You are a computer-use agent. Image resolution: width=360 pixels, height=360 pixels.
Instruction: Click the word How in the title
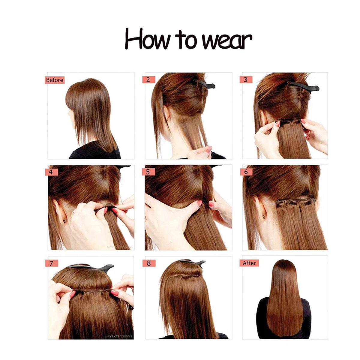tap(147, 39)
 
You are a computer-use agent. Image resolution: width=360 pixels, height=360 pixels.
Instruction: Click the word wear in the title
tap(227, 41)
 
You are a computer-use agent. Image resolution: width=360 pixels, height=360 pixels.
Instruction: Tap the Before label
tap(55, 80)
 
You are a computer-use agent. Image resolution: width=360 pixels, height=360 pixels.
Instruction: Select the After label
tap(249, 263)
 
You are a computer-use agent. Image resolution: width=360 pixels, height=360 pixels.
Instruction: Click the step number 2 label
tap(149, 80)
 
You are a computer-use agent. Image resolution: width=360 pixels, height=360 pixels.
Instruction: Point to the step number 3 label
tap(246, 80)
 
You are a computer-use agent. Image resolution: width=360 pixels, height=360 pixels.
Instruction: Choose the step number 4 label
tap(51, 172)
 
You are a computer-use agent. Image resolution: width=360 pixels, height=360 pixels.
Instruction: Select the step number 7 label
tap(52, 263)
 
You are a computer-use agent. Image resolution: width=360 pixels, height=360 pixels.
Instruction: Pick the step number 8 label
tap(149, 263)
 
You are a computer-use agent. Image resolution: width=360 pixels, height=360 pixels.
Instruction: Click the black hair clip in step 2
tap(205, 84)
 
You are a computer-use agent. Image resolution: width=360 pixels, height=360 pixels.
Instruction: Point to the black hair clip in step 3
tap(304, 85)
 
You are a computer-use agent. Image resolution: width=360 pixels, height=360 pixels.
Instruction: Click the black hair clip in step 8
tap(192, 262)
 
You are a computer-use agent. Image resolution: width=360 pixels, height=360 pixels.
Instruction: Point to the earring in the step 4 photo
tap(64, 221)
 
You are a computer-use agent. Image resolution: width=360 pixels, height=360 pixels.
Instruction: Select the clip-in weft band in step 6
tap(295, 202)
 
